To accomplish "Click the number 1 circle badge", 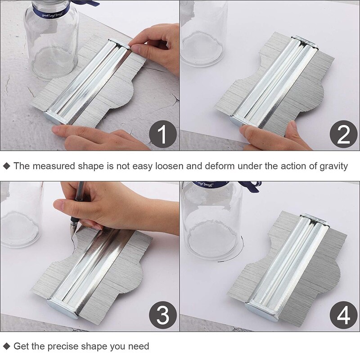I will (163, 135).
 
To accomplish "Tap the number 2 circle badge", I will (343, 135).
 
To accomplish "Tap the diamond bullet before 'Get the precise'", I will (6, 346).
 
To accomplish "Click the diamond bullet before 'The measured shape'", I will (6, 166).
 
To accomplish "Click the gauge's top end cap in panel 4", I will (315, 218).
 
